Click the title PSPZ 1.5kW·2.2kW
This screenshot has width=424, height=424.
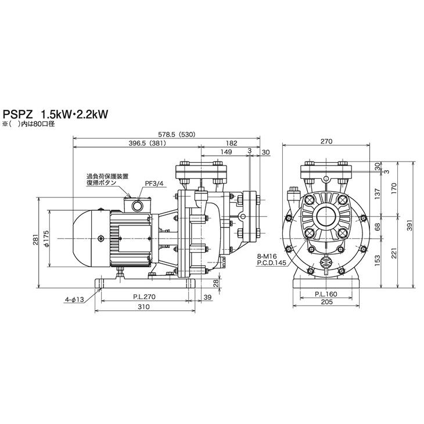click(55, 114)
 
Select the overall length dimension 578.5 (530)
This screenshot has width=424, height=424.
click(177, 134)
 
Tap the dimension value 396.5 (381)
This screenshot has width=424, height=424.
click(148, 143)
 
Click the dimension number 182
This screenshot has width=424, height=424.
click(232, 143)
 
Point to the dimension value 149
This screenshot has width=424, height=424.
click(226, 152)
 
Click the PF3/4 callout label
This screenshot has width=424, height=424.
click(154, 184)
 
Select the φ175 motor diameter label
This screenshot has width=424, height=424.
click(46, 239)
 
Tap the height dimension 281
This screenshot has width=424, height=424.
click(35, 239)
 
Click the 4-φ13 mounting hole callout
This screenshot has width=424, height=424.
click(74, 299)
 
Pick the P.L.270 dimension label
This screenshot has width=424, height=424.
click(145, 297)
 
